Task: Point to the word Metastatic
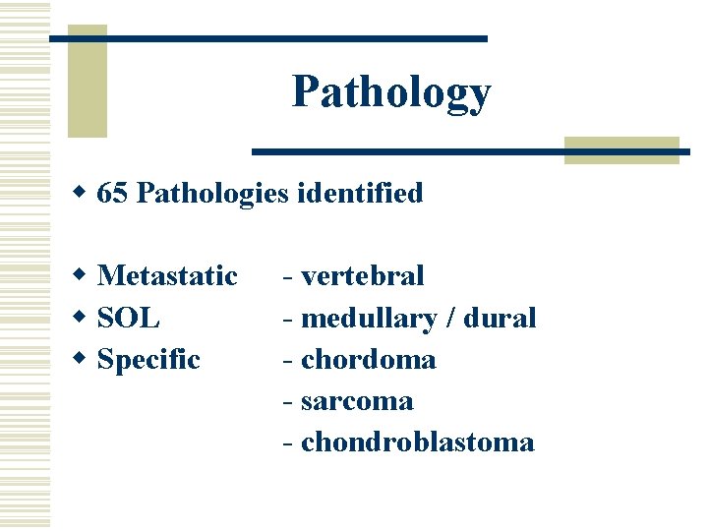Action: (167, 275)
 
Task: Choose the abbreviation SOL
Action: (129, 318)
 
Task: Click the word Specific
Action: (148, 360)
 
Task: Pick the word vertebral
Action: (363, 275)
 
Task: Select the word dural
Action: (500, 318)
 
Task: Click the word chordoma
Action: (369, 360)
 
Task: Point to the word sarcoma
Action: (357, 401)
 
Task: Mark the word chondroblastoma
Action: (418, 442)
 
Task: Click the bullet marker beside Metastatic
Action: (84, 276)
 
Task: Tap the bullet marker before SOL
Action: (84, 319)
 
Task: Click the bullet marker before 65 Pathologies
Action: (84, 194)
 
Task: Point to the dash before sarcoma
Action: (287, 402)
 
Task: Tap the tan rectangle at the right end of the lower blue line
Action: (621, 149)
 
